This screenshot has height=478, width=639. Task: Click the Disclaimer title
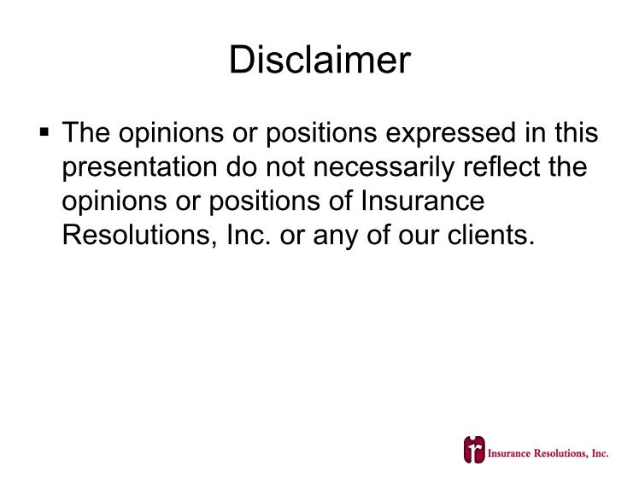point(319,60)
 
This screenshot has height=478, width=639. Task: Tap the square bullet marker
point(44,132)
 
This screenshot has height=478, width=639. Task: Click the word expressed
point(450,133)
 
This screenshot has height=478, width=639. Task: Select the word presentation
point(139,168)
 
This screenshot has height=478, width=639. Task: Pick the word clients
point(490,235)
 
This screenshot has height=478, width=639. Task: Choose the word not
point(284,167)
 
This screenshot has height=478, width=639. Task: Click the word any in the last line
point(336,236)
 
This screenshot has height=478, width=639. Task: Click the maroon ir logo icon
point(474,450)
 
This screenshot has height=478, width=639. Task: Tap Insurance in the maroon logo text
point(509,453)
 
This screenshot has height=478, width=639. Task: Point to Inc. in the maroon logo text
point(600,453)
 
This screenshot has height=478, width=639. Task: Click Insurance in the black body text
point(423,201)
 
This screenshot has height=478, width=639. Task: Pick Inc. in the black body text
point(249,235)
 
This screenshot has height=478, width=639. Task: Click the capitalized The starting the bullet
point(86,132)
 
